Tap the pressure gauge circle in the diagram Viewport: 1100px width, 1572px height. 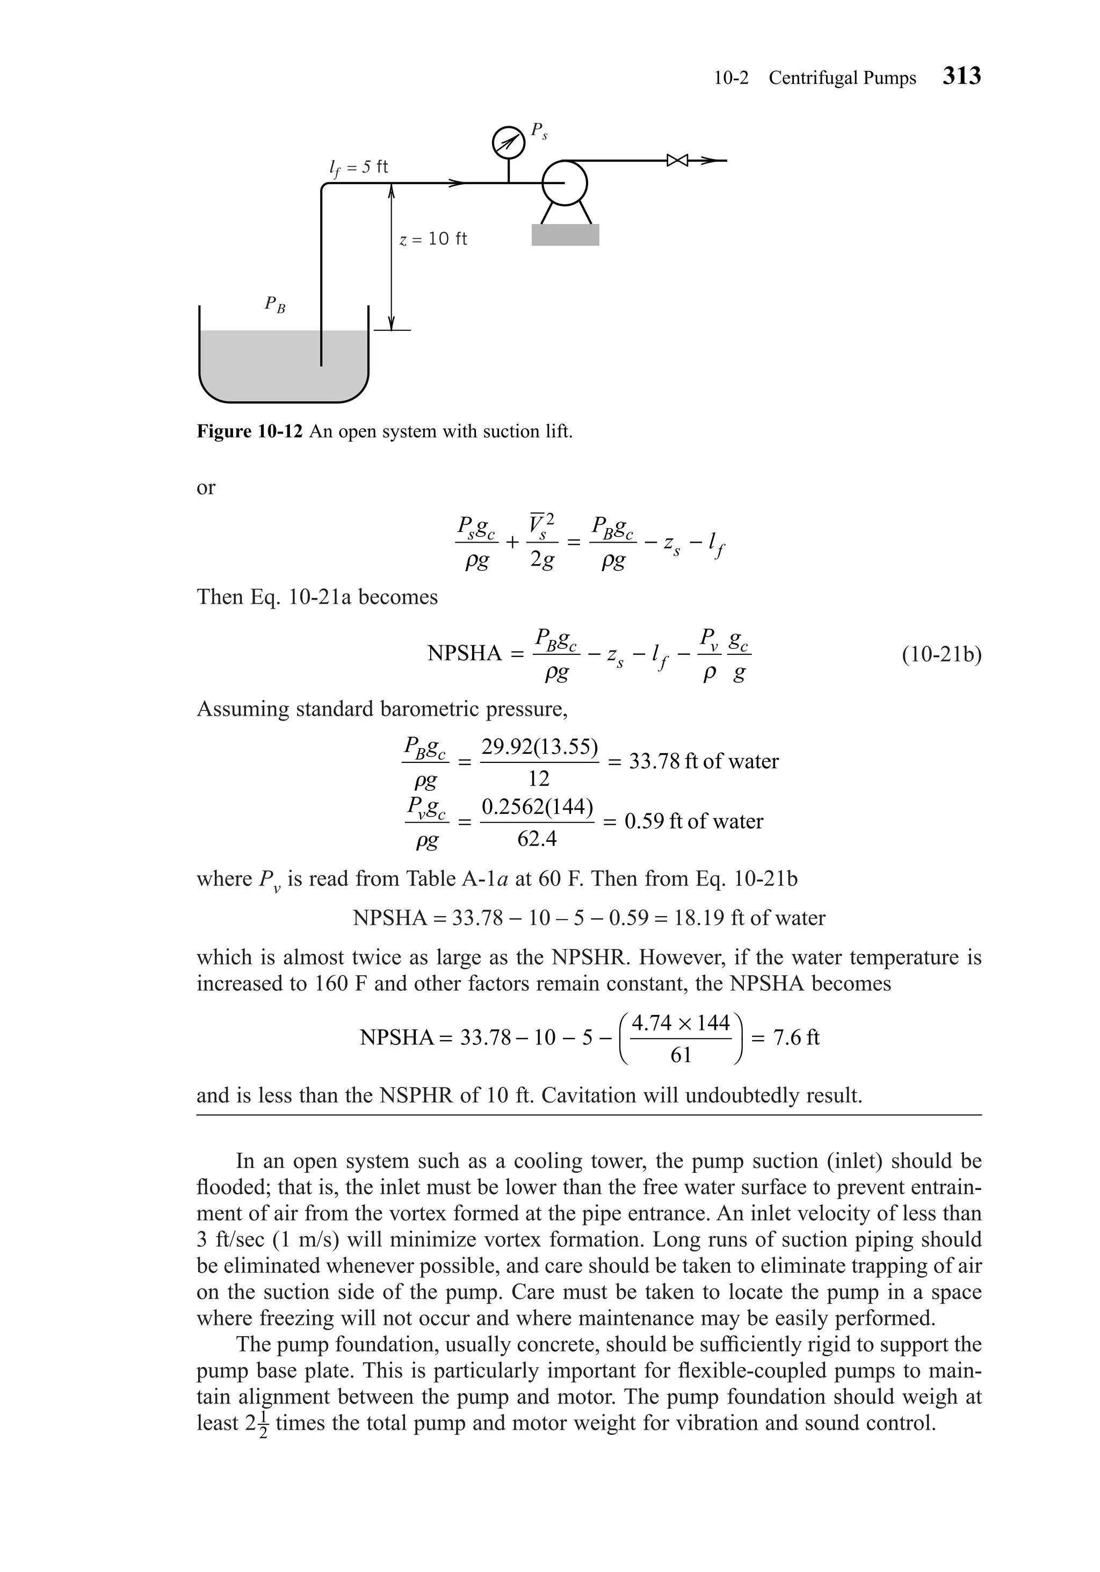(x=508, y=142)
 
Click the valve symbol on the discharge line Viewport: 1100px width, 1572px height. (x=677, y=161)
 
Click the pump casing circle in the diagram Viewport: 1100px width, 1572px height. (x=565, y=182)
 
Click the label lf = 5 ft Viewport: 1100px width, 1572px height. (x=358, y=167)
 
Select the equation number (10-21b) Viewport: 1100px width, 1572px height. (x=941, y=654)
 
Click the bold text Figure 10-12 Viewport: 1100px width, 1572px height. (x=249, y=431)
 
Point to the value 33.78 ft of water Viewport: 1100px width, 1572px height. (x=703, y=761)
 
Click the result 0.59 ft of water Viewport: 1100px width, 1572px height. (x=693, y=821)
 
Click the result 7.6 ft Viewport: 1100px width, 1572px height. (x=795, y=1037)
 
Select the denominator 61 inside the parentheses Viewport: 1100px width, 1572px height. (x=681, y=1055)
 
